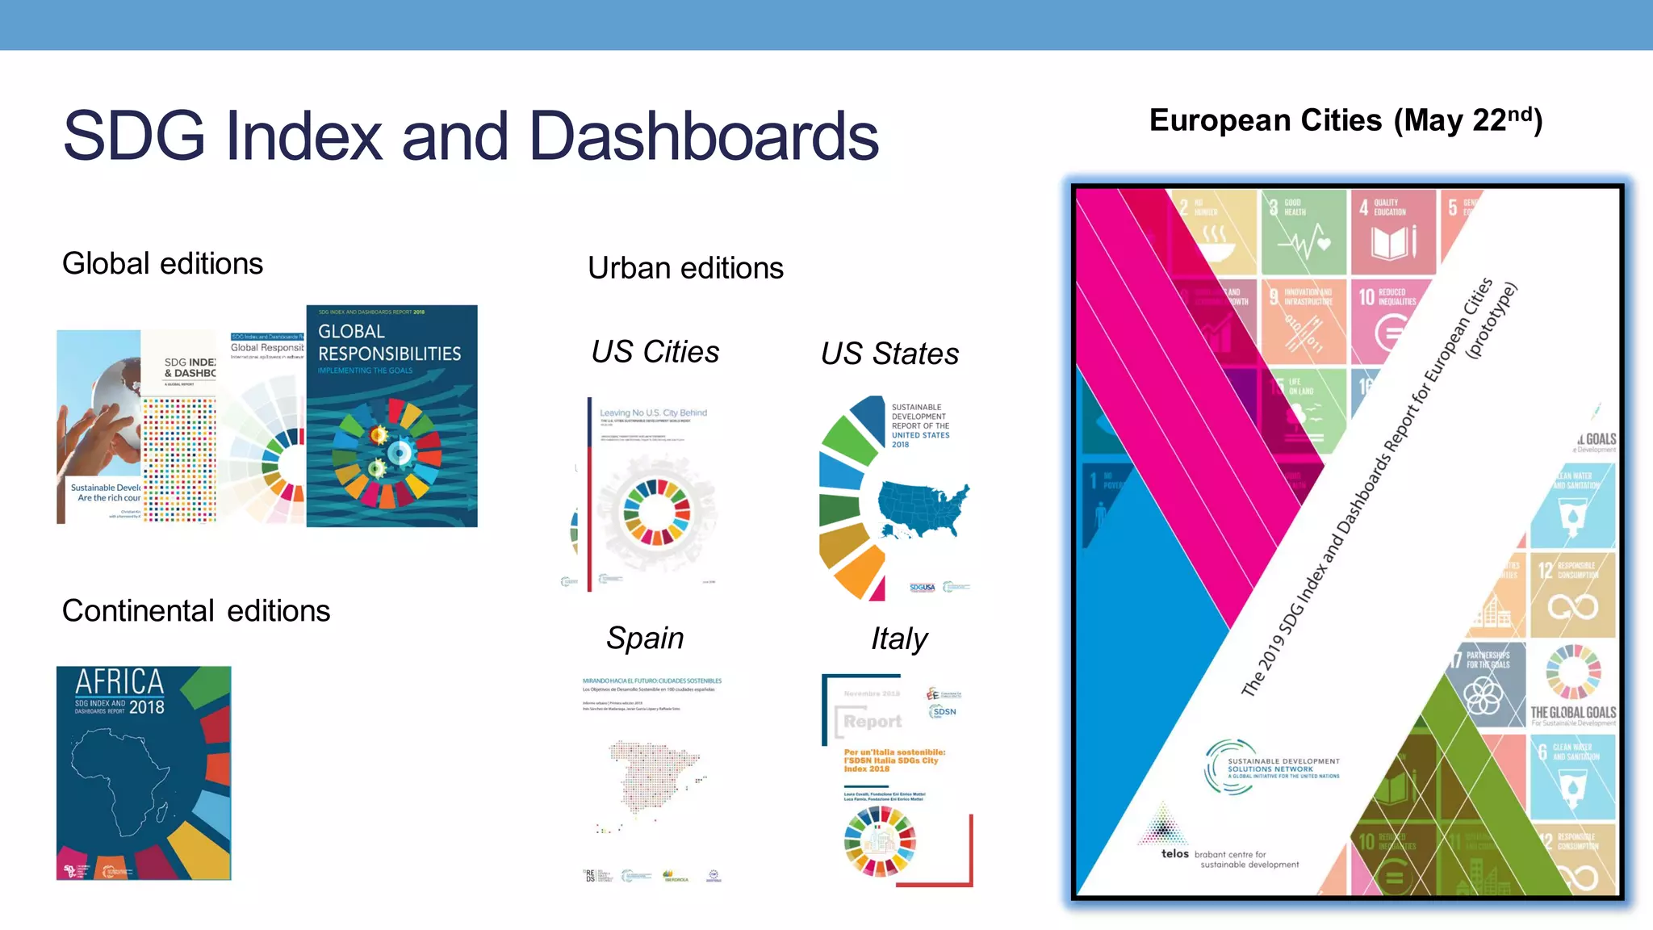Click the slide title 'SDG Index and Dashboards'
coord(471,136)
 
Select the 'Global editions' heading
coord(162,264)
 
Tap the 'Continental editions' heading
coord(196,611)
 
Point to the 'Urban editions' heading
coord(685,268)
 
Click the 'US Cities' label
coord(655,352)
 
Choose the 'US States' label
coord(889,354)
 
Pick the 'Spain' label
coord(645,638)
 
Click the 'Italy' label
coord(898,639)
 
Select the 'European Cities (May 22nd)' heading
coord(1345,120)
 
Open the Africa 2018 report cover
coord(144,773)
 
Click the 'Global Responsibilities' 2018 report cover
coord(391,416)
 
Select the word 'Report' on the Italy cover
coord(873,721)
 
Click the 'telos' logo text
coord(1174,853)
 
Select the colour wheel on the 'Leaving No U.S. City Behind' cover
coord(656,513)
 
